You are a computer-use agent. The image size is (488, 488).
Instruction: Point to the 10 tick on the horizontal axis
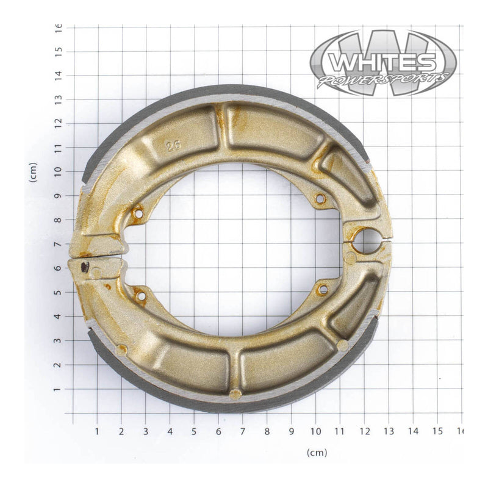(x=315, y=431)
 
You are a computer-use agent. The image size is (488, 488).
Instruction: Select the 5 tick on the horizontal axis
(x=194, y=431)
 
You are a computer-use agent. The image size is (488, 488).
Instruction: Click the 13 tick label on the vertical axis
(x=59, y=99)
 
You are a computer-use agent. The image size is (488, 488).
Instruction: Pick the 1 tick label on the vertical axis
(x=59, y=389)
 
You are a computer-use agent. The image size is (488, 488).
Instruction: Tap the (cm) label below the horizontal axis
(x=317, y=453)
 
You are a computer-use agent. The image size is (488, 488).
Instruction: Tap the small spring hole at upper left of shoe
(x=138, y=214)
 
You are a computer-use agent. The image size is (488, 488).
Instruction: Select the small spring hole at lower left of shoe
(x=142, y=296)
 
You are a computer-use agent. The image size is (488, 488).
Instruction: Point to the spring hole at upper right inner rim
(x=320, y=199)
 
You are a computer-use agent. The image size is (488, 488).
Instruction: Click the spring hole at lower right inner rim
(x=323, y=289)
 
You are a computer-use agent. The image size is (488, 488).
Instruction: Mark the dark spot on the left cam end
(x=85, y=267)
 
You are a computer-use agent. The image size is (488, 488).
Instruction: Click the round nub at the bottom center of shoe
(x=235, y=393)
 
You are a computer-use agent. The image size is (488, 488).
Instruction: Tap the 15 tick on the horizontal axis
(x=437, y=431)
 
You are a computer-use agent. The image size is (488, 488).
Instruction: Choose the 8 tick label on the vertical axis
(x=59, y=220)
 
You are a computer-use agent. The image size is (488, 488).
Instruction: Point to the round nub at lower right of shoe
(x=342, y=345)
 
